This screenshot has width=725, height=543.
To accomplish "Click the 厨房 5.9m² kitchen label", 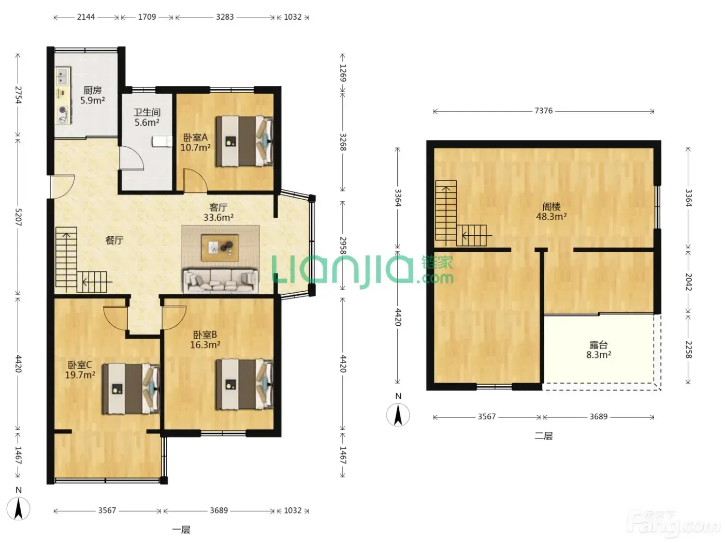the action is point(93,95).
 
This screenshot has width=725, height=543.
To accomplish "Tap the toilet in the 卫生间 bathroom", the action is point(162,142).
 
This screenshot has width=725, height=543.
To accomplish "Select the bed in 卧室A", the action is point(244,141).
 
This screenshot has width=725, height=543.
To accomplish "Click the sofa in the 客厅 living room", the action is point(221,281).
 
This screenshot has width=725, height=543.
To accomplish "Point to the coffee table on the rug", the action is point(220,248).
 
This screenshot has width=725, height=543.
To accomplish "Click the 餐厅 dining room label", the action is point(114,240).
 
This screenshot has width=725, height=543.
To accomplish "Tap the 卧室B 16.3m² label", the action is point(205,340).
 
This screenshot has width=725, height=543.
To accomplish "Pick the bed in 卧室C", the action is point(131,389).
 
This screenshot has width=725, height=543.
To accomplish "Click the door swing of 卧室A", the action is point(196,180).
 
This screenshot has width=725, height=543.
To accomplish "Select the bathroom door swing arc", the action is point(132,158).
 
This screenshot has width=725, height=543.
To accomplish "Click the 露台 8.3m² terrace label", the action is point(599,350).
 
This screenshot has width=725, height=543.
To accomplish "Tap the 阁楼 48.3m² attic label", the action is point(552,212).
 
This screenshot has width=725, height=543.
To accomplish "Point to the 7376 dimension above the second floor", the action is point(543,111).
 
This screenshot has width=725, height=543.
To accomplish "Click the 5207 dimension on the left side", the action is point(18,217).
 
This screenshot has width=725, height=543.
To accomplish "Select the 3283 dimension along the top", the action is point(225,17).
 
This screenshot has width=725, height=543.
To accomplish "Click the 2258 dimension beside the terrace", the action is point(688,350).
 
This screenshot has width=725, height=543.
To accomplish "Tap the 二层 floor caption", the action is point(544,436).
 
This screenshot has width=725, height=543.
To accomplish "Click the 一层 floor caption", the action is point(181,530).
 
